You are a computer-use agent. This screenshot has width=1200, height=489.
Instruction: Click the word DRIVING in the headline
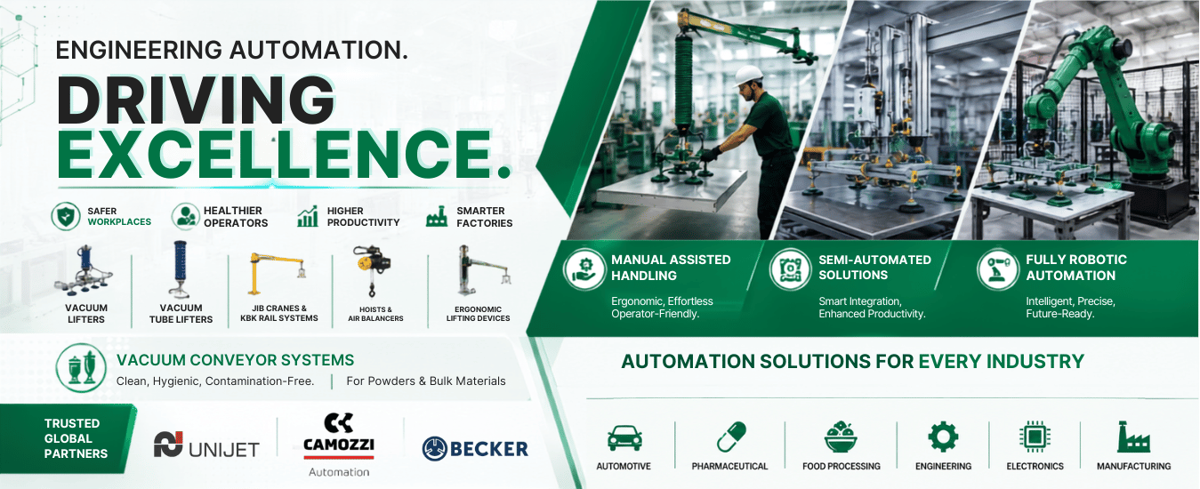(x=196, y=100)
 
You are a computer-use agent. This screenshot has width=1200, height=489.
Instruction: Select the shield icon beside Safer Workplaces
(x=65, y=216)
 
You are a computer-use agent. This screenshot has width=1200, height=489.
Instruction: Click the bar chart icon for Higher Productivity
(x=308, y=216)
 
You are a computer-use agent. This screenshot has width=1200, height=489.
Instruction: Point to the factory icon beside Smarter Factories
(x=437, y=216)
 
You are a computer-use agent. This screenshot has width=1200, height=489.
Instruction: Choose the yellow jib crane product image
(x=277, y=273)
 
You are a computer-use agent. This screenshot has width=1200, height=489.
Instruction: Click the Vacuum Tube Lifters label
(x=181, y=314)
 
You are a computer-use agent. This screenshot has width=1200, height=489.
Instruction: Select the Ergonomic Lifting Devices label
(x=478, y=314)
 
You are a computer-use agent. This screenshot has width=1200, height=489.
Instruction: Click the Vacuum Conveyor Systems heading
(x=235, y=360)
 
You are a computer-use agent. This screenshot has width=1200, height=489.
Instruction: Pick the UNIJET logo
(x=206, y=445)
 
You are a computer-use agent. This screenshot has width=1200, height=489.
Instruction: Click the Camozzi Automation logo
(x=339, y=445)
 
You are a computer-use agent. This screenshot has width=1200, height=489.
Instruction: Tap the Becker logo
(x=475, y=448)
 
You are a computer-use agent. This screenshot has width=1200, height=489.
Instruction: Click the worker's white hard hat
(x=749, y=76)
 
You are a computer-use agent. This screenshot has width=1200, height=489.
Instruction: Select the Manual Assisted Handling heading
(x=671, y=268)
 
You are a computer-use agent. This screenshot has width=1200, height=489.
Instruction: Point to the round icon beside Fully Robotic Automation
(x=997, y=269)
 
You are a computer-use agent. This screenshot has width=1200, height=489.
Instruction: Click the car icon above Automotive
(x=624, y=437)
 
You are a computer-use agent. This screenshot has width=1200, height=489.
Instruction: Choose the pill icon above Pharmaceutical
(x=731, y=437)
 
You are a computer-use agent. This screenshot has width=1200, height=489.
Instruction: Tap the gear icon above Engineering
(x=943, y=437)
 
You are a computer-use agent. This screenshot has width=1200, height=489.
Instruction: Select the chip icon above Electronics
(x=1035, y=437)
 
